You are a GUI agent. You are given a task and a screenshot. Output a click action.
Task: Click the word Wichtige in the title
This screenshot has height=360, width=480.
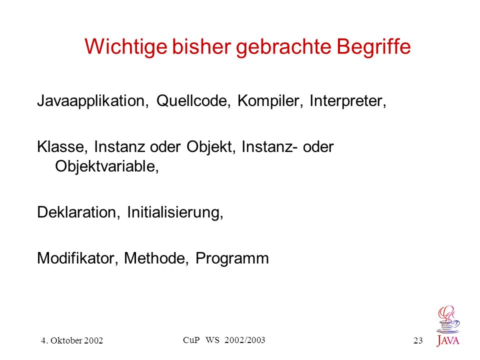[x=126, y=47]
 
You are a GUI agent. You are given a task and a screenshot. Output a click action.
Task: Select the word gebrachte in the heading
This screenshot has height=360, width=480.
[x=283, y=47]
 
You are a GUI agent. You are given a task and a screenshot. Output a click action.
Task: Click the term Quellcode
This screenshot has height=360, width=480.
[x=193, y=100]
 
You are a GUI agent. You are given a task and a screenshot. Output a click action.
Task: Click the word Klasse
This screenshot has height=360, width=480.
[x=62, y=147]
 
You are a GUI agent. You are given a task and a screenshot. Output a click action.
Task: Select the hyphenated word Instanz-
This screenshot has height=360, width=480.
[x=269, y=147]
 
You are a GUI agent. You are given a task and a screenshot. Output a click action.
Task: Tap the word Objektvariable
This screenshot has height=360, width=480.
[x=107, y=167]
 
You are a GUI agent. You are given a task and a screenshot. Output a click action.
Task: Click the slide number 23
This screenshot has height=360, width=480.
[x=418, y=340]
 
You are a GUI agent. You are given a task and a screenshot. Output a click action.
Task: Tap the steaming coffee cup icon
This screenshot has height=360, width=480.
[x=448, y=319]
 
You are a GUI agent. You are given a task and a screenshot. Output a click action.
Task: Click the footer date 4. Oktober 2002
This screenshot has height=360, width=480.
[x=72, y=340]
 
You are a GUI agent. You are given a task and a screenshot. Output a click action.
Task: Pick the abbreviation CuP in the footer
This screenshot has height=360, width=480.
[x=191, y=340]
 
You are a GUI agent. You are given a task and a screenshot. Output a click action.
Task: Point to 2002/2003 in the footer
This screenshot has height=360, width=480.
[x=244, y=340]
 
